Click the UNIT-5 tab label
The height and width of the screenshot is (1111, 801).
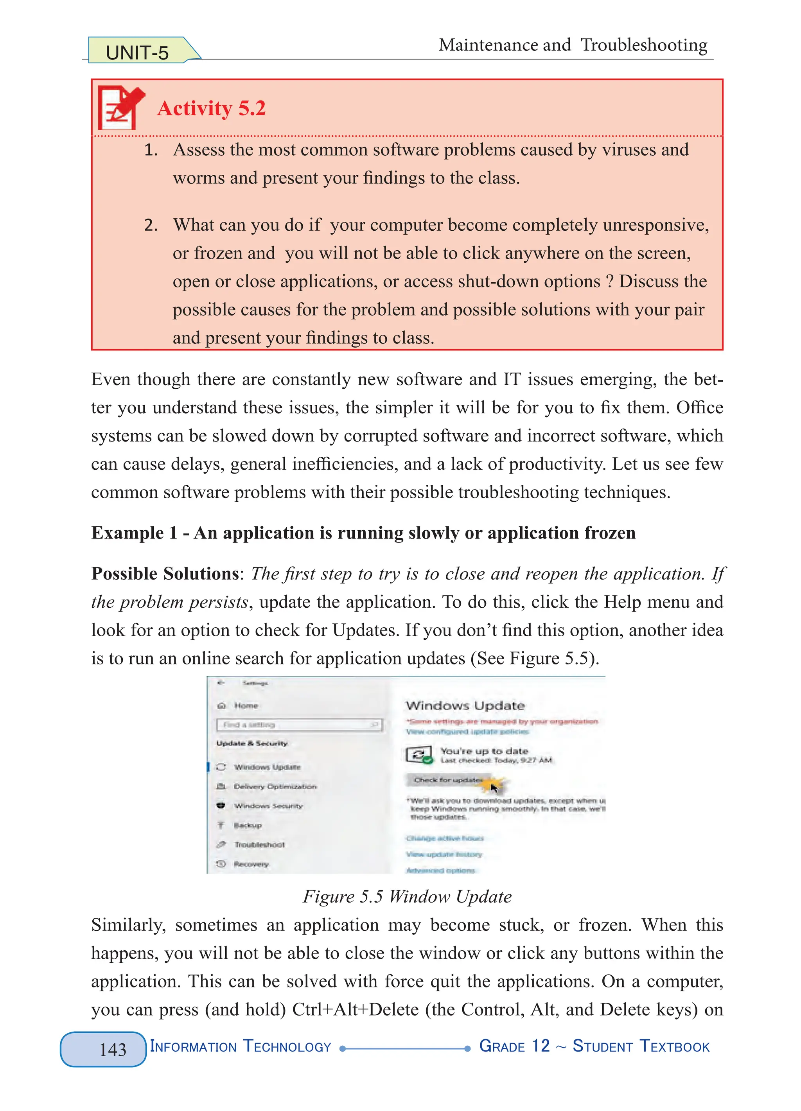tap(137, 52)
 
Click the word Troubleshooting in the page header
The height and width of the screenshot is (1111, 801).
tap(644, 45)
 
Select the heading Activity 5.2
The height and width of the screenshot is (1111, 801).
tap(211, 108)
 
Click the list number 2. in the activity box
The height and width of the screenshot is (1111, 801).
tap(151, 225)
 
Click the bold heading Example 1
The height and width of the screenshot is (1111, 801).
tap(134, 533)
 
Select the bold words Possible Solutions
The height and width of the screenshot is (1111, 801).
tap(165, 574)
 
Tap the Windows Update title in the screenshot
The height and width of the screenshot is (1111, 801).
tap(464, 705)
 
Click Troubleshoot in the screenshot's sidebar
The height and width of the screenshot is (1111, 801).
tap(259, 845)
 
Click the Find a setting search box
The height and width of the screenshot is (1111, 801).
tap(298, 725)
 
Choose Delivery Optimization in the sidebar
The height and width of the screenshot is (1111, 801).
tap(275, 786)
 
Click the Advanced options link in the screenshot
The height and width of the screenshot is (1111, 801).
tap(440, 870)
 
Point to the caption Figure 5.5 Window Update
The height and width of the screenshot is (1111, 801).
tap(407, 896)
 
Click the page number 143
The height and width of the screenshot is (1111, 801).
tap(113, 1049)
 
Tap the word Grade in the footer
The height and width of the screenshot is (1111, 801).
tap(502, 1046)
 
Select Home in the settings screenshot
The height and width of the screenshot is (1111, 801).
tap(246, 705)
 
